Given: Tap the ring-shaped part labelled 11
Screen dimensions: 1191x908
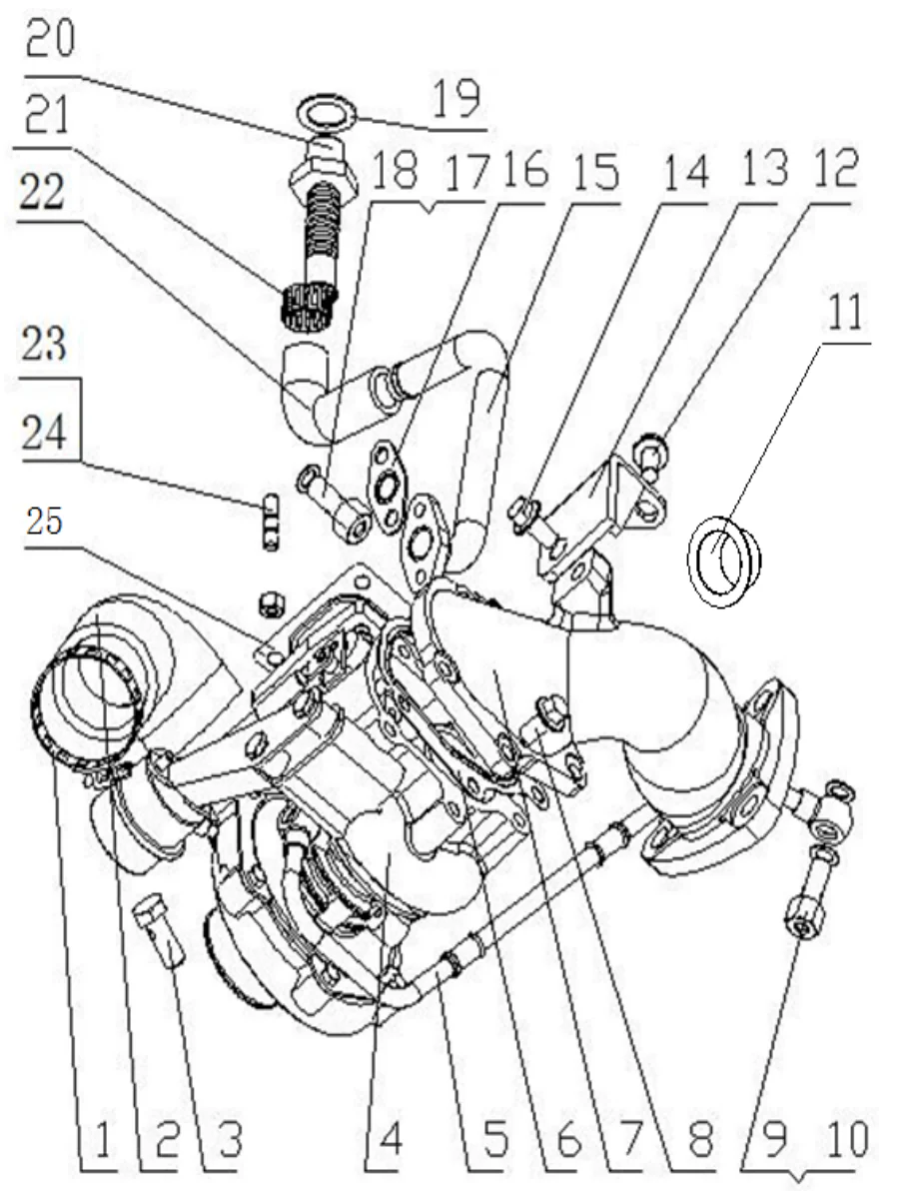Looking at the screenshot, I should [x=724, y=559].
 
